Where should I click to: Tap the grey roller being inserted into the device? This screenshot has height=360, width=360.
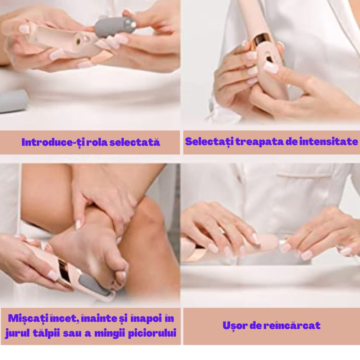pos(116,27)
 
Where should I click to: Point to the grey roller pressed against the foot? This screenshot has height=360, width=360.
pos(96,285)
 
